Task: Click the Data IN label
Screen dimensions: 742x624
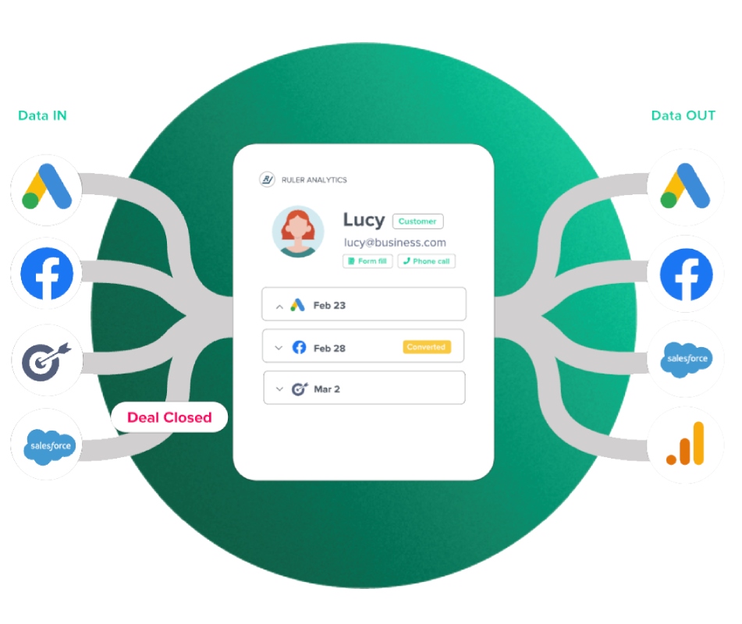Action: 42,115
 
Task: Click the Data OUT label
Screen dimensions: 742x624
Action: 683,115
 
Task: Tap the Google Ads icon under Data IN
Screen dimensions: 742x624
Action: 46,187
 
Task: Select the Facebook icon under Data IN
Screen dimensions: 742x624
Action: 47,274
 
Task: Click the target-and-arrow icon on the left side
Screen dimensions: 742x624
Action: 46,361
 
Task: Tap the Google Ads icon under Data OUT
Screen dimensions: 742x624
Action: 685,186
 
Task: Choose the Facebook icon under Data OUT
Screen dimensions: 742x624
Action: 686,275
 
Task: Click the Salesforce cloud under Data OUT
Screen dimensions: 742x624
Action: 686,360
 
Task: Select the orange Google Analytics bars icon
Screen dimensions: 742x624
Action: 686,444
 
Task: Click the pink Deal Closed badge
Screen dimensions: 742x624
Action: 169,417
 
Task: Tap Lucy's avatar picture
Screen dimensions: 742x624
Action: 297,232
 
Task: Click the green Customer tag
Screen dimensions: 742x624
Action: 417,222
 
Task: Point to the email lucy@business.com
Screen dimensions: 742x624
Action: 395,243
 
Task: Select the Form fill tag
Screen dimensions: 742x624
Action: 367,261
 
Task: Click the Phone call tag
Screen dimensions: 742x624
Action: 426,261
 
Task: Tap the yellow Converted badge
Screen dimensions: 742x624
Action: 426,347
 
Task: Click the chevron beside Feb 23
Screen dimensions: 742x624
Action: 279,307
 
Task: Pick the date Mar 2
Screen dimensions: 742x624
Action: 327,389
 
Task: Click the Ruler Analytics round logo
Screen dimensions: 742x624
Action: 267,179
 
